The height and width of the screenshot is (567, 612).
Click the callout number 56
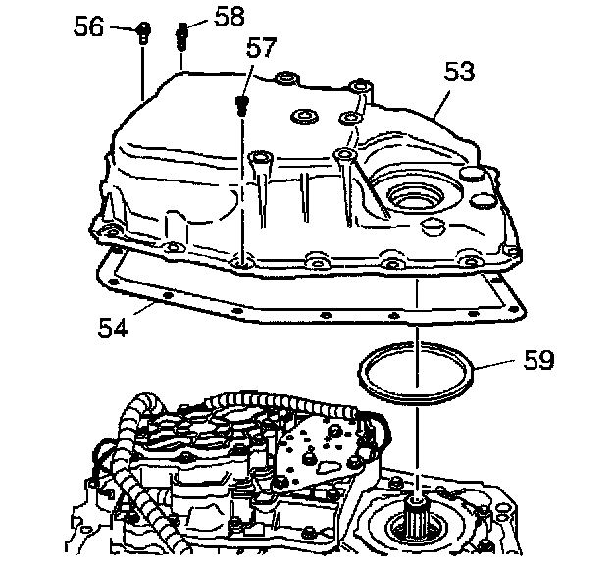(89, 27)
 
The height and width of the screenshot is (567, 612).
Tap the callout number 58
(229, 18)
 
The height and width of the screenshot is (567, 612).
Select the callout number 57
(261, 48)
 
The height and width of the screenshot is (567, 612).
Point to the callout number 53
(459, 71)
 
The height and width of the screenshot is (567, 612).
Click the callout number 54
(113, 328)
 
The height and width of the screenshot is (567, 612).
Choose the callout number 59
(538, 360)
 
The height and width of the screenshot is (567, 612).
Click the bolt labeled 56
(143, 32)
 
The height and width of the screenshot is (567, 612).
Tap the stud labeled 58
(181, 36)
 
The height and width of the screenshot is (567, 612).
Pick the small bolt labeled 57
(241, 105)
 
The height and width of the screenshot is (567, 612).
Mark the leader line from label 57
(249, 80)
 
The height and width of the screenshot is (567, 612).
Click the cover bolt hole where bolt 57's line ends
(241, 264)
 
